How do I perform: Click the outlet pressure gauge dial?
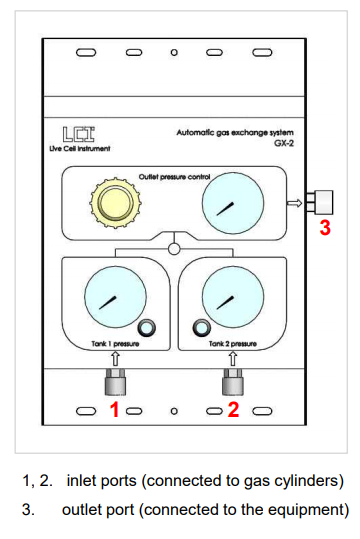tap(229, 205)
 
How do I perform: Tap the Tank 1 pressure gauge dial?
tap(114, 297)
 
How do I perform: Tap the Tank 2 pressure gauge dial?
tap(229, 297)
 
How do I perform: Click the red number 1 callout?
tap(115, 408)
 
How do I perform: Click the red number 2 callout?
tap(233, 408)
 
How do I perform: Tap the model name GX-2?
tap(262, 143)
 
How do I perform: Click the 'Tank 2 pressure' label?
tap(233, 343)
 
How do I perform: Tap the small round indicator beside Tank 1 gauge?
tap(149, 327)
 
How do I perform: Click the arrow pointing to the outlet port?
tap(293, 204)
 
